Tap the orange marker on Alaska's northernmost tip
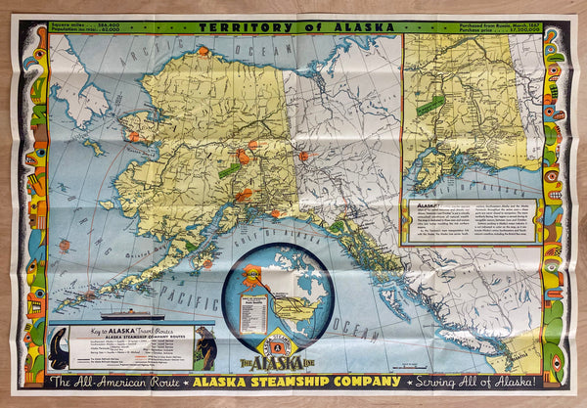(203, 50)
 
